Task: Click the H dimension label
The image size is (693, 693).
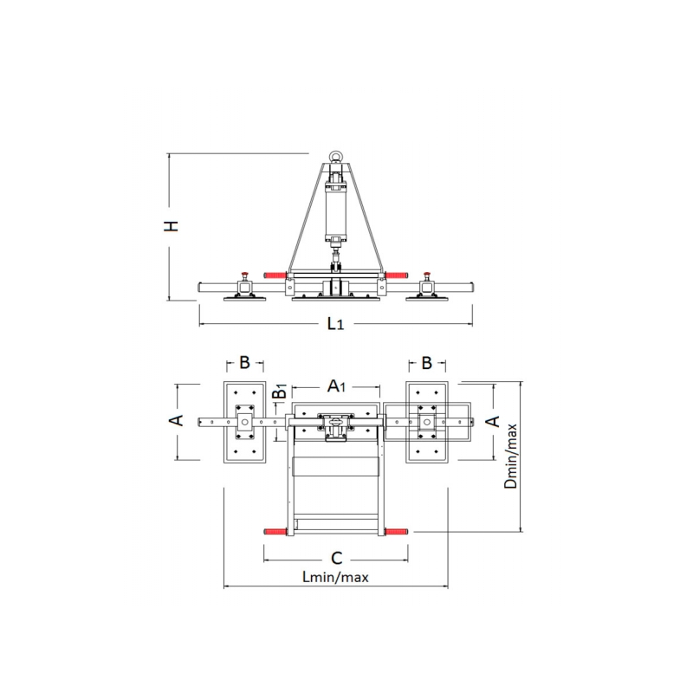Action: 171,226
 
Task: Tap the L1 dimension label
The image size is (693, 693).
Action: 335,324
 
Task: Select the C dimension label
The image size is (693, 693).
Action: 337,558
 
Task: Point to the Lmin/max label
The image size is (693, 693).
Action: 335,577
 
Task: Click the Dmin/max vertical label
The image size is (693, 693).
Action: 510,457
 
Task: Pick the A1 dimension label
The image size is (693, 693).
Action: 336,385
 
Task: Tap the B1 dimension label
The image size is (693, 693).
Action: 280,392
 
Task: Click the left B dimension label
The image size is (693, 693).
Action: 245,362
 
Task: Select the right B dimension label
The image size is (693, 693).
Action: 426,363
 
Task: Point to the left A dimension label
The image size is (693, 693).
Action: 177,420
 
